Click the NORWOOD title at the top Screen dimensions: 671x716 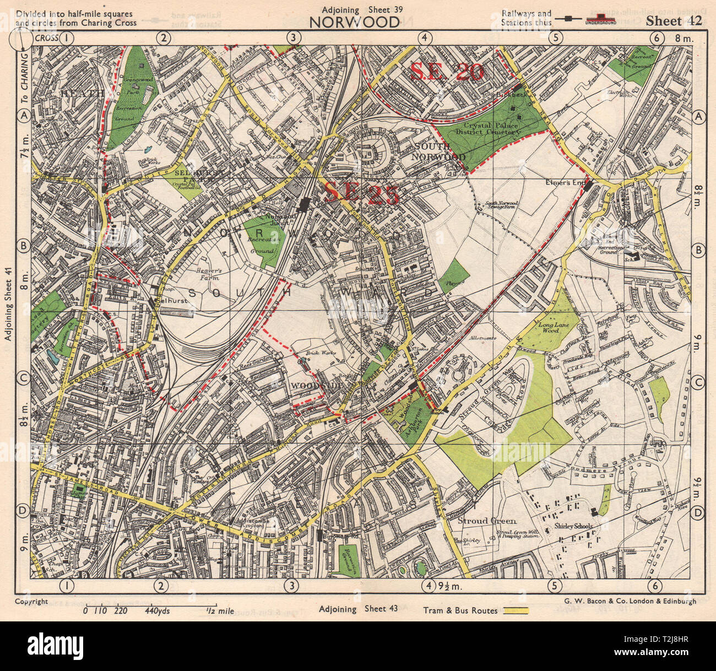[x=354, y=22]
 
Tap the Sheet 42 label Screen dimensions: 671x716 [x=674, y=21]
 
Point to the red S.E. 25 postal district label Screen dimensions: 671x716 [x=360, y=193]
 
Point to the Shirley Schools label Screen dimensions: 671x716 [x=573, y=526]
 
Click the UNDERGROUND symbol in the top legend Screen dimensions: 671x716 [x=600, y=19]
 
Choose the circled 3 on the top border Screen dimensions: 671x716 [x=294, y=37]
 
